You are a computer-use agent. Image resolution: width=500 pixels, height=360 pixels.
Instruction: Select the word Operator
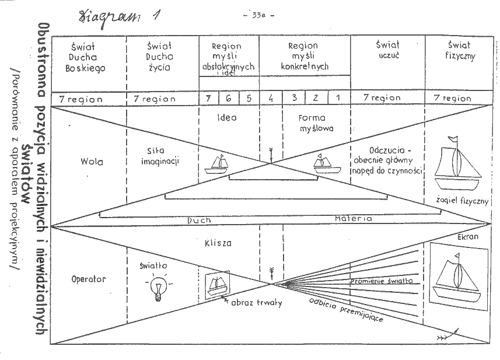point(88,279)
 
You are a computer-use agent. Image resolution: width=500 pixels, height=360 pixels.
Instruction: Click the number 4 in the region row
point(271,98)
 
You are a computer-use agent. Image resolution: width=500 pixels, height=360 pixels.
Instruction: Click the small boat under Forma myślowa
point(326,164)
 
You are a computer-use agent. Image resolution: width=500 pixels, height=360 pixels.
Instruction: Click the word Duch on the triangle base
point(199,220)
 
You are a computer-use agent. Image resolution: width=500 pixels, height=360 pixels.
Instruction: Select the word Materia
point(353,219)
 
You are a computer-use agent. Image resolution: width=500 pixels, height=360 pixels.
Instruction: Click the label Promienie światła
point(382,281)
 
